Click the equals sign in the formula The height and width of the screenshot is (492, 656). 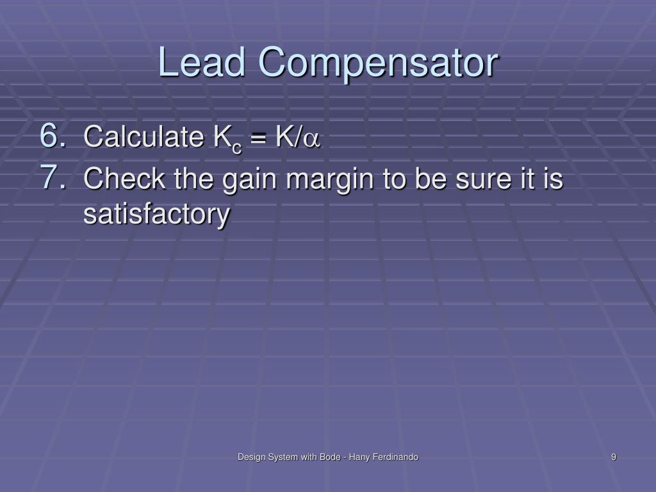click(259, 138)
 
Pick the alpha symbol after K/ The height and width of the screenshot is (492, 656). click(313, 139)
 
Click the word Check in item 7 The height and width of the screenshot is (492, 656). click(116, 179)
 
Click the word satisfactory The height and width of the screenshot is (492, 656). click(156, 214)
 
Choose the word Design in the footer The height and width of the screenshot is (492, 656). click(250, 457)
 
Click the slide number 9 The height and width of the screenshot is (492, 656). click(614, 457)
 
